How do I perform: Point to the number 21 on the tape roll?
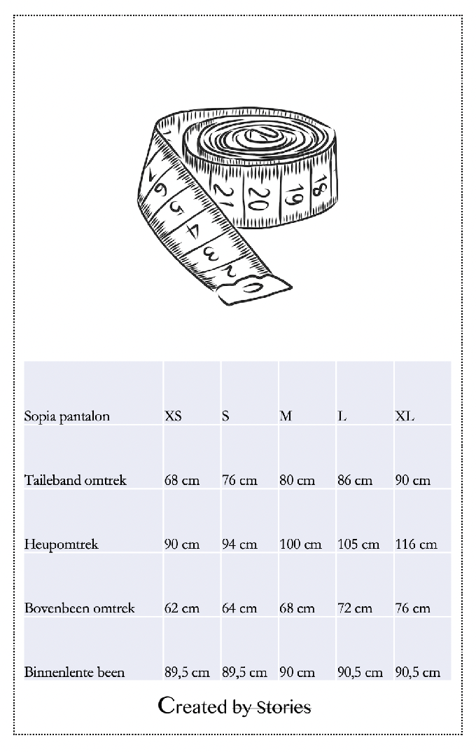[223, 196]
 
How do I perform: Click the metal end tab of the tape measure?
[254, 288]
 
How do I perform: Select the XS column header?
[173, 416]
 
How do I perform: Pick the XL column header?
[405, 416]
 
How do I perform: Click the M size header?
[286, 416]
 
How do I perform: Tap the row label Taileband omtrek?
[76, 481]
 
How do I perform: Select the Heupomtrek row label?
[62, 545]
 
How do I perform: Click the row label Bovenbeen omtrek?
[80, 608]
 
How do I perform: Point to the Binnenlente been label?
[75, 673]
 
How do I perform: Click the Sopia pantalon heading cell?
[67, 416]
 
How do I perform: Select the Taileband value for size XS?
[182, 481]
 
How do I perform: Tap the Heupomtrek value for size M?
[300, 545]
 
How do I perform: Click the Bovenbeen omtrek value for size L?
[355, 608]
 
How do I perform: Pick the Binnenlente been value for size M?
[297, 673]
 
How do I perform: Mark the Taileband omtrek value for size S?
[239, 481]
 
